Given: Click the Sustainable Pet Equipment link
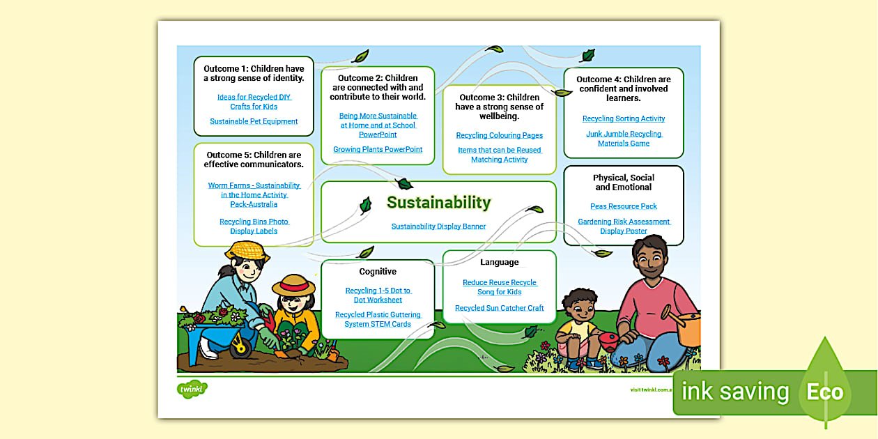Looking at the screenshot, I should pos(254,121).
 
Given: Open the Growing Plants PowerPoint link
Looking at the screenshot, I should pos(378,150).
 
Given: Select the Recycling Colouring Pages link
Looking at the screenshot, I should pos(500,135).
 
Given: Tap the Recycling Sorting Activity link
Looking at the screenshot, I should pos(624,118).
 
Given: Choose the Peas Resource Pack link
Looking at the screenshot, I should pos(624,206).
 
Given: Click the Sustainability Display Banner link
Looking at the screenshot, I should pos(438,226).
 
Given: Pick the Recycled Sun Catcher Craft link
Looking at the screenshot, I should pos(500,308).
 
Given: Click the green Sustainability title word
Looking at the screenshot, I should pos(439,203).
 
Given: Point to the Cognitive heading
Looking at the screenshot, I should pos(378,272).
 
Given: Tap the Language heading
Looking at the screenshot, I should pos(500,263).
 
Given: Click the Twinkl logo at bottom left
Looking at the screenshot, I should pos(193,389).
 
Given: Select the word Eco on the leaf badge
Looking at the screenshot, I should pos(825,392).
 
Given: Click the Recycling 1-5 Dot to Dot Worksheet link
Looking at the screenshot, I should pos(378,295).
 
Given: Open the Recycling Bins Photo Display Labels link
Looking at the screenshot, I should pos(254,226).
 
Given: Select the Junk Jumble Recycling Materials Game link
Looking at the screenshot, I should pos(624,139).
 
